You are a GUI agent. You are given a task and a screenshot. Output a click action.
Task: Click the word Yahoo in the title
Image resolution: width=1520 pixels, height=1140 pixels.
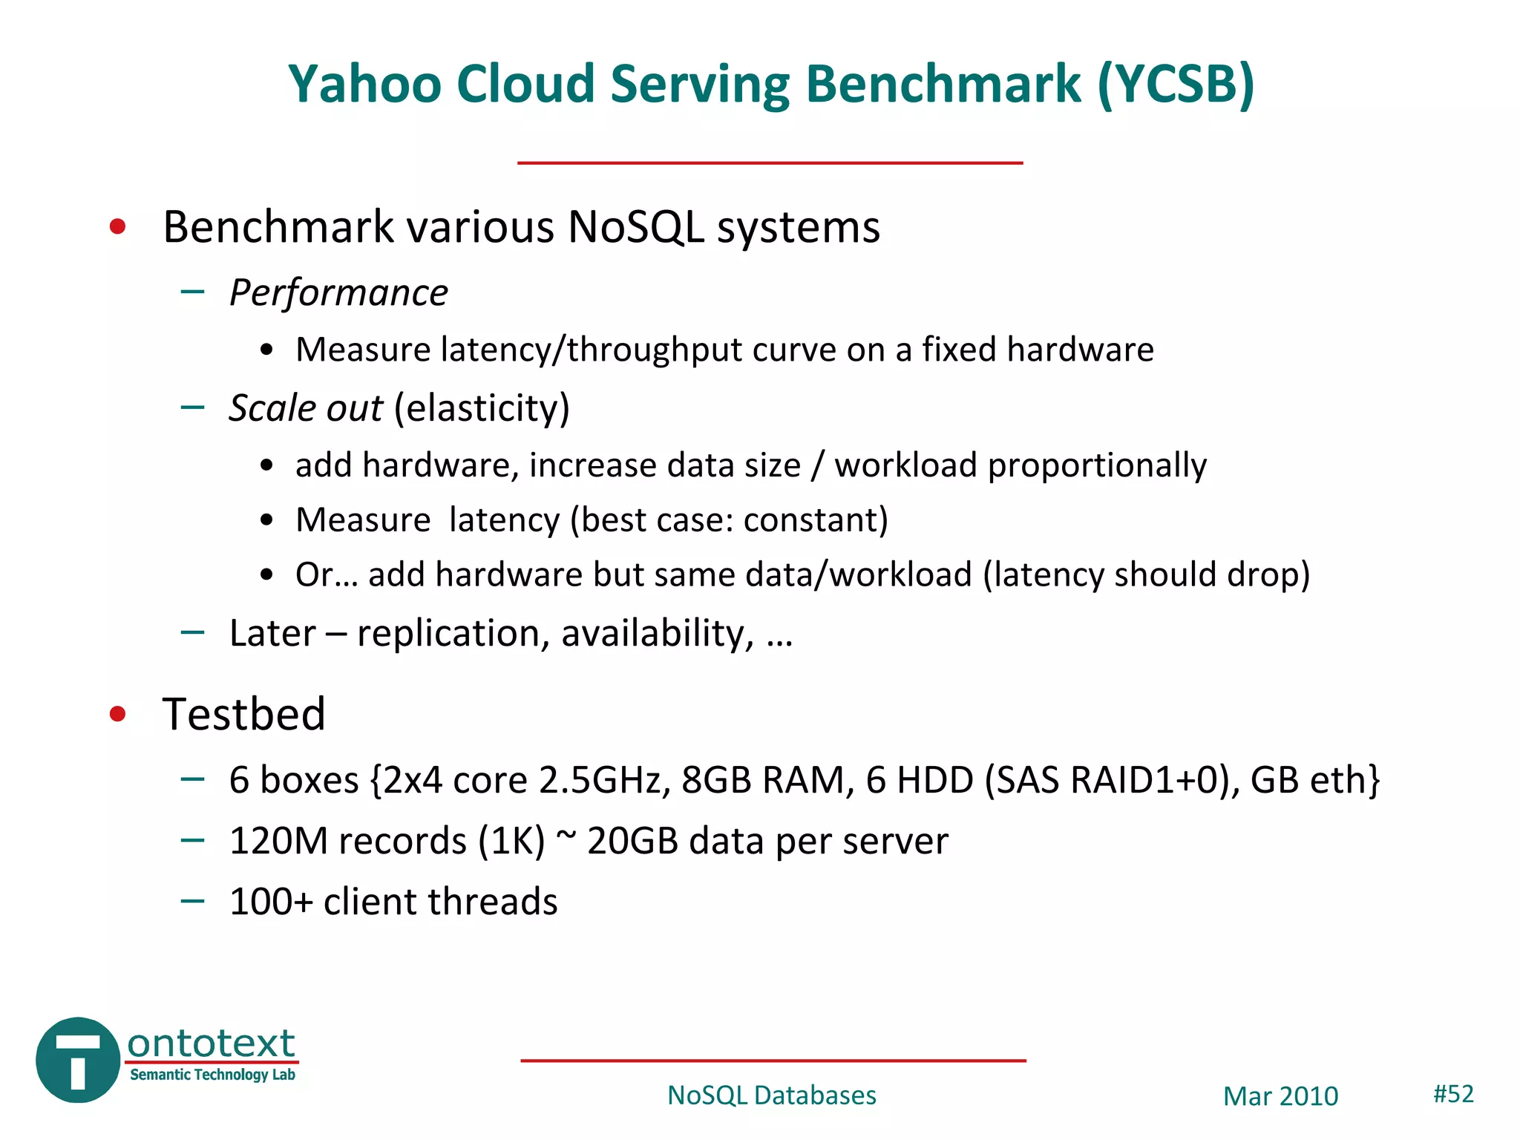[365, 84]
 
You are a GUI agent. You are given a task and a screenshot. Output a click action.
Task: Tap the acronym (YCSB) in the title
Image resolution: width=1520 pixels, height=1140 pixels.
[1176, 84]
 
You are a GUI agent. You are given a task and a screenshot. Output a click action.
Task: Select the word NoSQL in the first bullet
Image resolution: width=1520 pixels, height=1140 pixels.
[635, 226]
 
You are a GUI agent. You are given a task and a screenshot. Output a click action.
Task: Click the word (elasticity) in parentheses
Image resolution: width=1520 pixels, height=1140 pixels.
[482, 408]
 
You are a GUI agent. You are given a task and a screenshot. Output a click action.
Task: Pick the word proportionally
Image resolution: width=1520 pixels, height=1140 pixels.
[1097, 466]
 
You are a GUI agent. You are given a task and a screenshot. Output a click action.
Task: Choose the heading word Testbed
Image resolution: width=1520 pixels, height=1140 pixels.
[243, 714]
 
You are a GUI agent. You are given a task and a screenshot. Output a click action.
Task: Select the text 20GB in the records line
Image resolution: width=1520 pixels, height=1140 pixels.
[632, 842]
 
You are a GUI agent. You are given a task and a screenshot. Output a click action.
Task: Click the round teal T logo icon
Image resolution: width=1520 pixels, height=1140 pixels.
[78, 1060]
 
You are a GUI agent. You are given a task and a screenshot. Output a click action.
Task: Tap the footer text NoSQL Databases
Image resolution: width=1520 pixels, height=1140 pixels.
[771, 1095]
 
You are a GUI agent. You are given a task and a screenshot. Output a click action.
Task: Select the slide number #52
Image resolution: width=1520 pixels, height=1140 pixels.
[1452, 1094]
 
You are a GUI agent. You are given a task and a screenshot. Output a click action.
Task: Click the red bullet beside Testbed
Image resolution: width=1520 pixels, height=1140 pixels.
[117, 714]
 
